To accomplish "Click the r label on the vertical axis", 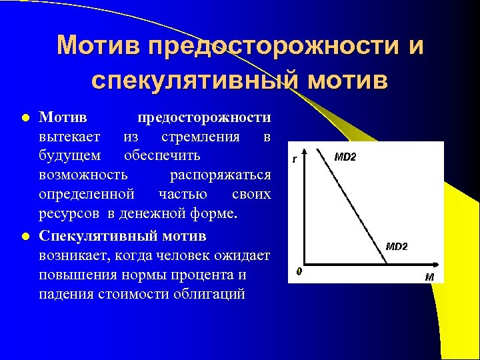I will pyautogui.click(x=294, y=159).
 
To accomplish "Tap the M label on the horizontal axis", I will pyautogui.click(x=431, y=277).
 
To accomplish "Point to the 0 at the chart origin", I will pyautogui.click(x=299, y=271).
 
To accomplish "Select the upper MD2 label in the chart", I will pyautogui.click(x=345, y=157).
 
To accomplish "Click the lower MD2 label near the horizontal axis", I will pyautogui.click(x=397, y=246).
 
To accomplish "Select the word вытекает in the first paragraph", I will pyautogui.click(x=70, y=137).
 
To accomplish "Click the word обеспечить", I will pyautogui.click(x=162, y=155).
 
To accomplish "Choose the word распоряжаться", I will pyautogui.click(x=220, y=175).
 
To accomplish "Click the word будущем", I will pyautogui.click(x=70, y=155).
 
